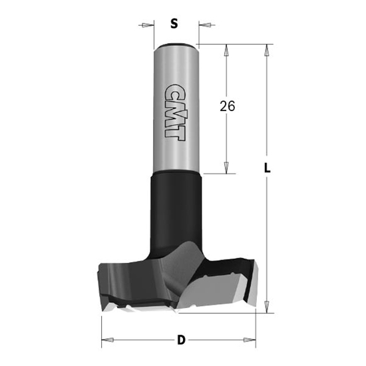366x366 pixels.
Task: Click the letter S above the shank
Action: [x=174, y=25]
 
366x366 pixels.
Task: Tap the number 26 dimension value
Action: [x=227, y=106]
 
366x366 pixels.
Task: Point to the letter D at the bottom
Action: [x=180, y=341]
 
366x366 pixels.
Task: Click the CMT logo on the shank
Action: [x=174, y=110]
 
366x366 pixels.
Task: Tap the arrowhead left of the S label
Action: [x=146, y=26]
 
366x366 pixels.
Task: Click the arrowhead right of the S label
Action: [x=202, y=26]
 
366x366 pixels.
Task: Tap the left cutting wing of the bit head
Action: [x=120, y=279]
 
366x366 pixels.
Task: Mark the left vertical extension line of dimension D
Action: [x=102, y=329]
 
